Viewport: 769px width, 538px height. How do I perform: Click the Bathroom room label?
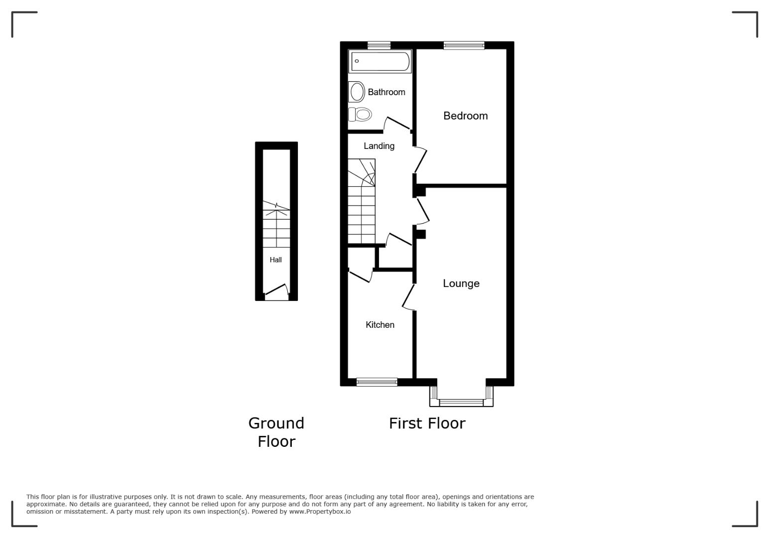pos(386,92)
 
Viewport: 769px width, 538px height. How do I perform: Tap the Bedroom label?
pos(465,116)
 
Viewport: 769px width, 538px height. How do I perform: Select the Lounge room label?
pos(461,283)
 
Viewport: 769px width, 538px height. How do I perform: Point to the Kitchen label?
pos(380,324)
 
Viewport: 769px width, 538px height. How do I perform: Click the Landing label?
pos(379,146)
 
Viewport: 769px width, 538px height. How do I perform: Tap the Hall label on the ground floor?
pos(275,260)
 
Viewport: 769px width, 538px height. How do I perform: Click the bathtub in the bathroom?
pos(380,61)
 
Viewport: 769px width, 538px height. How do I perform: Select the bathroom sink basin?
pos(356,92)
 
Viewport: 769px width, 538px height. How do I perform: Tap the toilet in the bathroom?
pos(360,115)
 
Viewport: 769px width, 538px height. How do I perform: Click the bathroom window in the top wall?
pos(379,45)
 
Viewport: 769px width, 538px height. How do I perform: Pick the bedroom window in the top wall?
pos(464,45)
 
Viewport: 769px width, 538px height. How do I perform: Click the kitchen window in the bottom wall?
pos(377,382)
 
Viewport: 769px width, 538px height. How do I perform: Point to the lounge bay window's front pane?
pos(461,403)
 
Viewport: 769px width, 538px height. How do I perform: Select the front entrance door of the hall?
pos(277,290)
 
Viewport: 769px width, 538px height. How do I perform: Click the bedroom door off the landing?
pos(420,159)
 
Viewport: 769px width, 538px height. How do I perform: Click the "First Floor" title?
pos(427,423)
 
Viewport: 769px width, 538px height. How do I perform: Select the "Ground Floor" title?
pos(276,432)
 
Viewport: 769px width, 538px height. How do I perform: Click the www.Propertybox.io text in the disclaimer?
pos(320,511)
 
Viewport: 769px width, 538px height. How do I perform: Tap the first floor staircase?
pos(362,201)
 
